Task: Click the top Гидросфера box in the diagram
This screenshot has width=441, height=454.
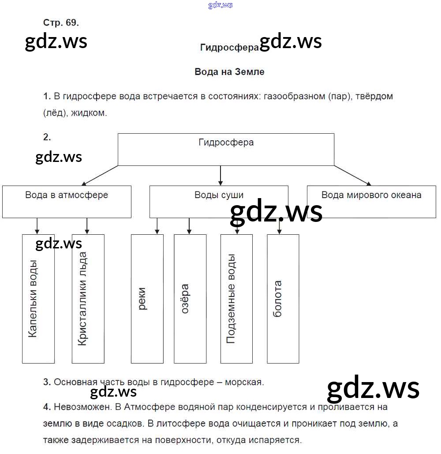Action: point(226,150)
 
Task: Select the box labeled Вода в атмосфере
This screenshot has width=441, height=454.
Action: point(67,202)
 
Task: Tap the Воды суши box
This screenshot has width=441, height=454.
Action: point(219,202)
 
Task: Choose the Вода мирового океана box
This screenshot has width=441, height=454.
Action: point(371,202)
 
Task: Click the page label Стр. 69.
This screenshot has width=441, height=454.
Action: point(61,23)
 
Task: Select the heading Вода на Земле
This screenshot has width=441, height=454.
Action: point(229,71)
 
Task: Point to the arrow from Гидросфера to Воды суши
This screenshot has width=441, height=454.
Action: point(220,176)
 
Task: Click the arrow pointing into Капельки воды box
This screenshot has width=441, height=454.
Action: point(37,226)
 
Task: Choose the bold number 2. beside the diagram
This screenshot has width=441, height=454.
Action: point(47,137)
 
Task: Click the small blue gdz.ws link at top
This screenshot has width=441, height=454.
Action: point(220,5)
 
